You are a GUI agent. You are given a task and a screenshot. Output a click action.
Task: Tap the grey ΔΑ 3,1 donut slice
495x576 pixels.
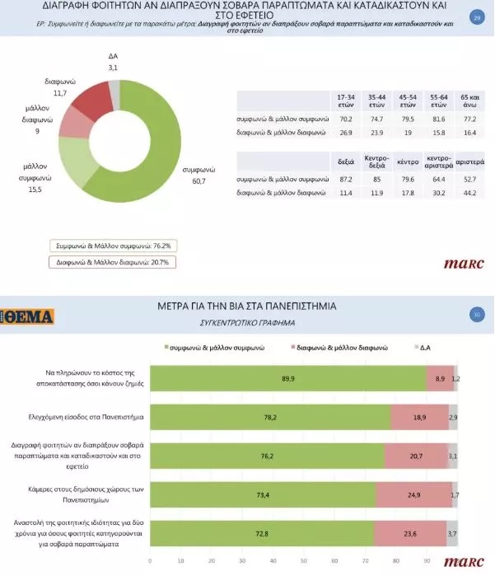pyautogui.click(x=114, y=94)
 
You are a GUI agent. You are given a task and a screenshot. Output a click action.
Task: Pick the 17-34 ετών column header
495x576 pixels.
pyautogui.click(x=346, y=101)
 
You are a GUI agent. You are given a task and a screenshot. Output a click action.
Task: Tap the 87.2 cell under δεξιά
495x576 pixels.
pyautogui.click(x=346, y=179)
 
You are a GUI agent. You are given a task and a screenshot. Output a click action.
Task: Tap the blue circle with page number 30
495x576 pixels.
pyautogui.click(x=476, y=314)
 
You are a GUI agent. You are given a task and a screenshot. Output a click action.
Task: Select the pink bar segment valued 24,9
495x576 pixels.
pyautogui.click(x=413, y=495)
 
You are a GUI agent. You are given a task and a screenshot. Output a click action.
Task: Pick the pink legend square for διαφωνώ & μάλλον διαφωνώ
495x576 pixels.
pyautogui.click(x=291, y=348)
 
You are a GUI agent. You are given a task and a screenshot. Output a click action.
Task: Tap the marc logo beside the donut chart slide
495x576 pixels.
pyautogui.click(x=463, y=265)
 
